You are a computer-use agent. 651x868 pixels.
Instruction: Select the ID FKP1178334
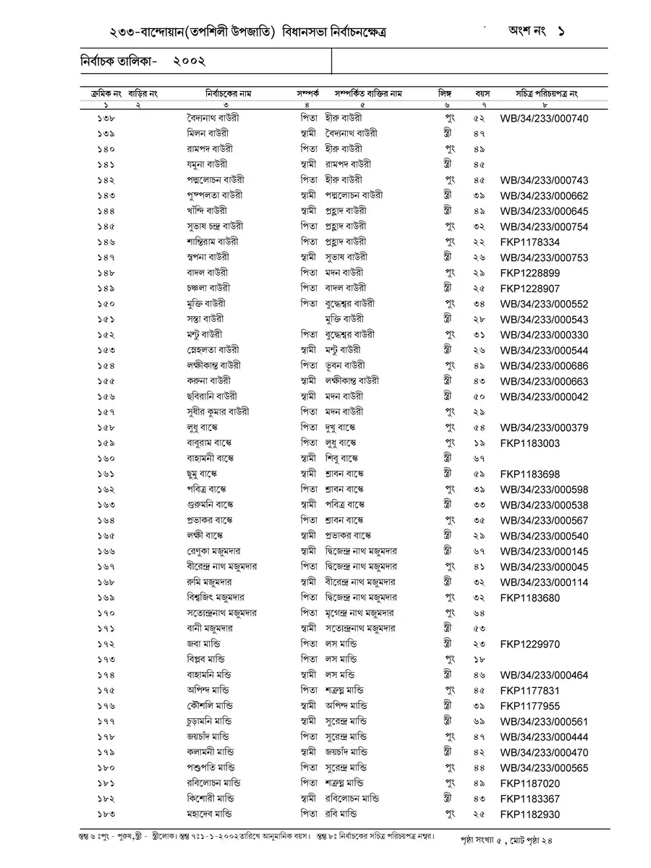coord(529,242)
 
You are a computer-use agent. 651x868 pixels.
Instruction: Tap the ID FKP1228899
coord(529,273)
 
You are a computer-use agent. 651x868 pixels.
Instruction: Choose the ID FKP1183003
coord(529,443)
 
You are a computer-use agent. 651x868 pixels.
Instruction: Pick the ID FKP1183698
coord(529,475)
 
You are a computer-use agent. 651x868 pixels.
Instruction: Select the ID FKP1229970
coord(529,644)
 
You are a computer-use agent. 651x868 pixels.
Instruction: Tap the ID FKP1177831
coord(529,691)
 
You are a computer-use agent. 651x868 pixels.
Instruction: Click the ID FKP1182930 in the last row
coord(529,814)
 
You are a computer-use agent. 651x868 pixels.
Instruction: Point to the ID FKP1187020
coord(529,783)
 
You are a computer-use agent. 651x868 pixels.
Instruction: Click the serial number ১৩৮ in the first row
coord(105,118)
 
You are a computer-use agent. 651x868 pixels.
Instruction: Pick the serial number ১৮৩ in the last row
coord(105,814)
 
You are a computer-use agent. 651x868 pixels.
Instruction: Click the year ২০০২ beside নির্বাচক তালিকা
coord(190,62)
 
